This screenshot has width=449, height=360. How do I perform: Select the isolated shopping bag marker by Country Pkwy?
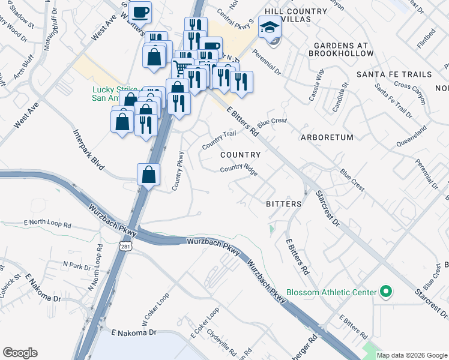point(149,175)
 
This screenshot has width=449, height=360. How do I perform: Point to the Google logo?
point(20,353)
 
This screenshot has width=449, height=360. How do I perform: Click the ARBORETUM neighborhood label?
point(327,137)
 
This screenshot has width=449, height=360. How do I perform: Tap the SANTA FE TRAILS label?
point(393,74)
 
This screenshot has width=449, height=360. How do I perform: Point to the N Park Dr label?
point(76,264)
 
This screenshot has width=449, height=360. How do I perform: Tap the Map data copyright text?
point(411,355)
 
